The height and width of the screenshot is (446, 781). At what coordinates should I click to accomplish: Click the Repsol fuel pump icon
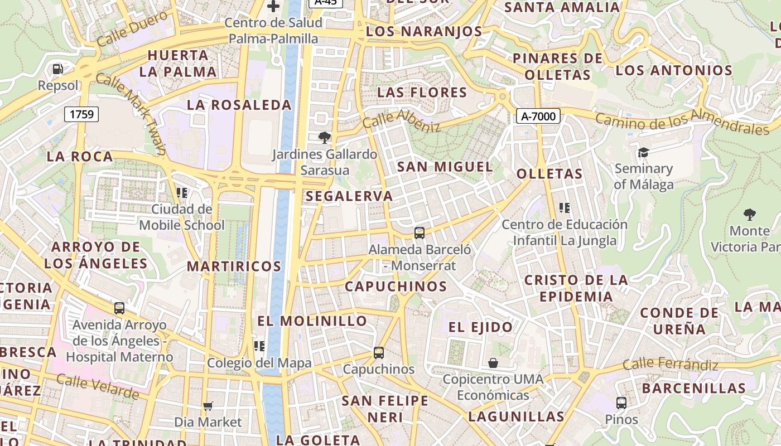(57, 69)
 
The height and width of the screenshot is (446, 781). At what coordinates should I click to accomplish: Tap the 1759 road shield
(81, 114)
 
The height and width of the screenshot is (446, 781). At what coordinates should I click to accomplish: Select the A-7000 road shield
(538, 116)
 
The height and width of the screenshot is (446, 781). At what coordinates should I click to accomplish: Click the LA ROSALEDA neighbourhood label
(239, 105)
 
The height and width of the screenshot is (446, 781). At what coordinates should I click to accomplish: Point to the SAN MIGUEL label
(445, 166)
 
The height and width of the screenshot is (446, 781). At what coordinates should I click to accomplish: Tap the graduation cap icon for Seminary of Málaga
(643, 152)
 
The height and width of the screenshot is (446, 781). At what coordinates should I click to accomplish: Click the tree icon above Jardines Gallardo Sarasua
(324, 137)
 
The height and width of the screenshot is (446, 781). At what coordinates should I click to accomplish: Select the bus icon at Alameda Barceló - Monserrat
(420, 232)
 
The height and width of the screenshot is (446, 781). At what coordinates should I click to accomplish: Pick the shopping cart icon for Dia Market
(208, 406)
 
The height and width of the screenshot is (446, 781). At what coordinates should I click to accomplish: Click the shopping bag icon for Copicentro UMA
(493, 363)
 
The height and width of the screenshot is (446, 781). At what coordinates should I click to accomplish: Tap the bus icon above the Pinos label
(621, 403)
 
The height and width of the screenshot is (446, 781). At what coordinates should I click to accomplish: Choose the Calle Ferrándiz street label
(670, 365)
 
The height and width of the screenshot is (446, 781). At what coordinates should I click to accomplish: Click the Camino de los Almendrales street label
(682, 122)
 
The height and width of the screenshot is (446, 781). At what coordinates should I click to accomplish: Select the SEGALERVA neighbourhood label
(349, 196)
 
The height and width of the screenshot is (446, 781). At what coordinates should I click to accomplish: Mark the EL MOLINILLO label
(312, 321)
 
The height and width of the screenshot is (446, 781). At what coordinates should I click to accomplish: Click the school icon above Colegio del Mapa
(259, 346)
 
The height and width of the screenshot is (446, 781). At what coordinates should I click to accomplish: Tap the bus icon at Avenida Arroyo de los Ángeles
(119, 308)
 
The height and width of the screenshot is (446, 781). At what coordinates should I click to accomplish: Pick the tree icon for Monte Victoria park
(749, 214)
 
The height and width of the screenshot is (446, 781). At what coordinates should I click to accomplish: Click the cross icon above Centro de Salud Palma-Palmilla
(273, 6)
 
